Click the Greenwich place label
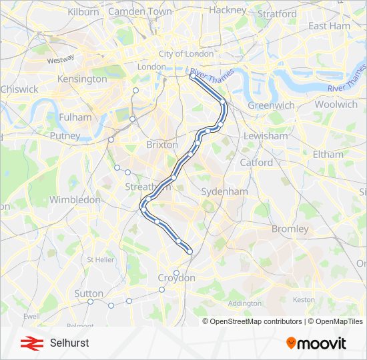271,105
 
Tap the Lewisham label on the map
265,136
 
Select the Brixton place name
161,145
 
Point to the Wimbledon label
75,199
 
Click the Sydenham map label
224,191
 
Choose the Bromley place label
289,229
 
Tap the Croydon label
176,278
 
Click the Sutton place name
89,293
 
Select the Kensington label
82,79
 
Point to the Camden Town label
139,12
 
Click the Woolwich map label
336,104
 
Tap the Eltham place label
328,154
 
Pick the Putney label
65,136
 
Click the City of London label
186,53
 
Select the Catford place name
256,162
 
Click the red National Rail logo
29,343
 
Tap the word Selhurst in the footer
69,343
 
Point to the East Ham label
329,26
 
